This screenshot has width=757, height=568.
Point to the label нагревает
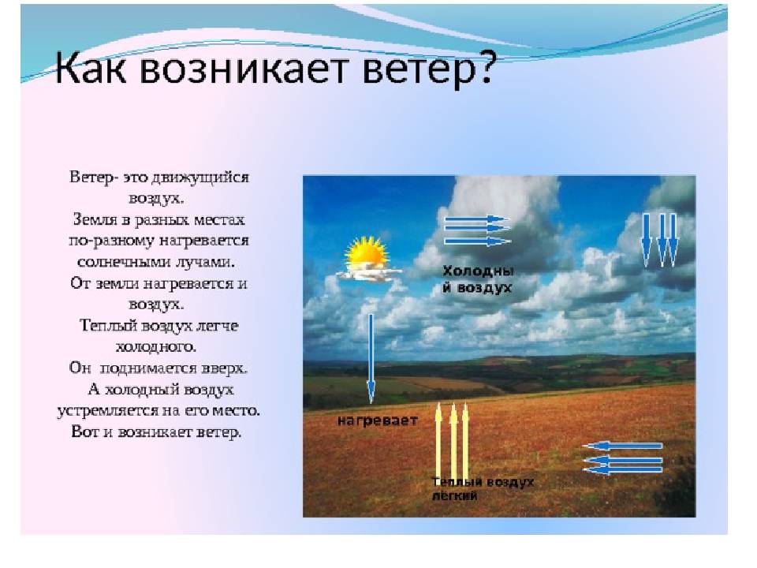(377, 420)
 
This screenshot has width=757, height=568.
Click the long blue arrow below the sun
(371, 359)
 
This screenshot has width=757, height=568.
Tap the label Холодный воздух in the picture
(478, 279)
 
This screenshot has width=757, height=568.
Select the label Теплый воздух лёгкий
(483, 488)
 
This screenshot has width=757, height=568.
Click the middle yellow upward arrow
(453, 440)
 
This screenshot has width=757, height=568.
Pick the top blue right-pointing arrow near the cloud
(476, 219)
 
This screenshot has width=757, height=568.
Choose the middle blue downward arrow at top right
(662, 240)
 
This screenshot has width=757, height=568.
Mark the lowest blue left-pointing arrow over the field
(623, 469)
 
